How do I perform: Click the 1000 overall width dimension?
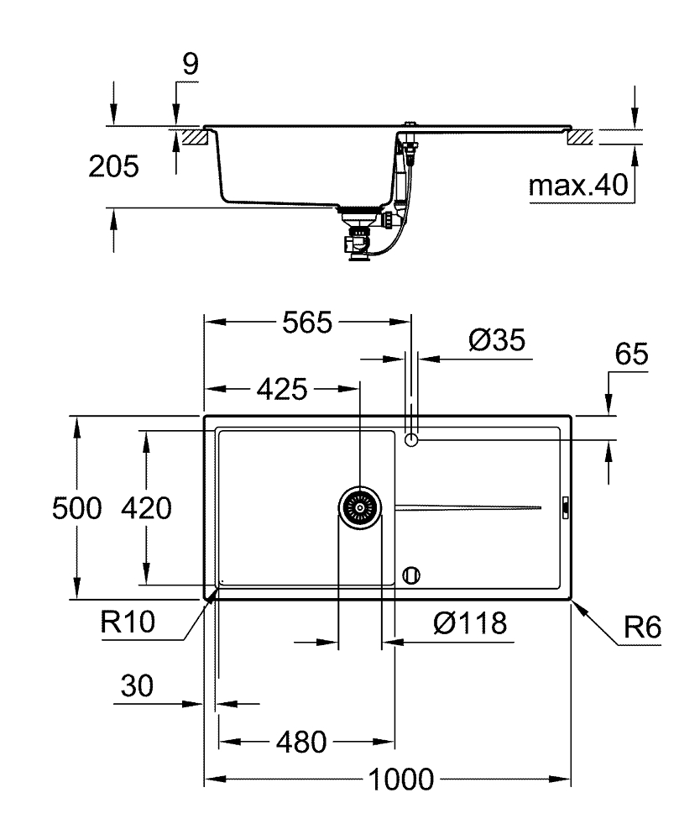pyautogui.click(x=400, y=779)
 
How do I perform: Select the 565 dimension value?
pyautogui.click(x=307, y=323)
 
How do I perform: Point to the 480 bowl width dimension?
pyautogui.click(x=300, y=743)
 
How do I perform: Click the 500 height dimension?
pyautogui.click(x=76, y=508)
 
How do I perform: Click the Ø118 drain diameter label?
pyautogui.click(x=470, y=623)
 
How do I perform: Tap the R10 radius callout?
pyautogui.click(x=127, y=622)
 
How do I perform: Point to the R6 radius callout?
pyautogui.click(x=644, y=627)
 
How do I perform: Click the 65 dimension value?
pyautogui.click(x=631, y=354)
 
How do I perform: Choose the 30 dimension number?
pyautogui.click(x=137, y=686)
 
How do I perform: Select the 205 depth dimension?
pyautogui.click(x=113, y=167)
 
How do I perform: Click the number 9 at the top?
pyautogui.click(x=191, y=66)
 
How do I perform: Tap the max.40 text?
pyautogui.click(x=579, y=186)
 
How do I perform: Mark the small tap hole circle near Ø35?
pyautogui.click(x=411, y=439)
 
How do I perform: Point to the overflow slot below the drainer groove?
pyautogui.click(x=410, y=575)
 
